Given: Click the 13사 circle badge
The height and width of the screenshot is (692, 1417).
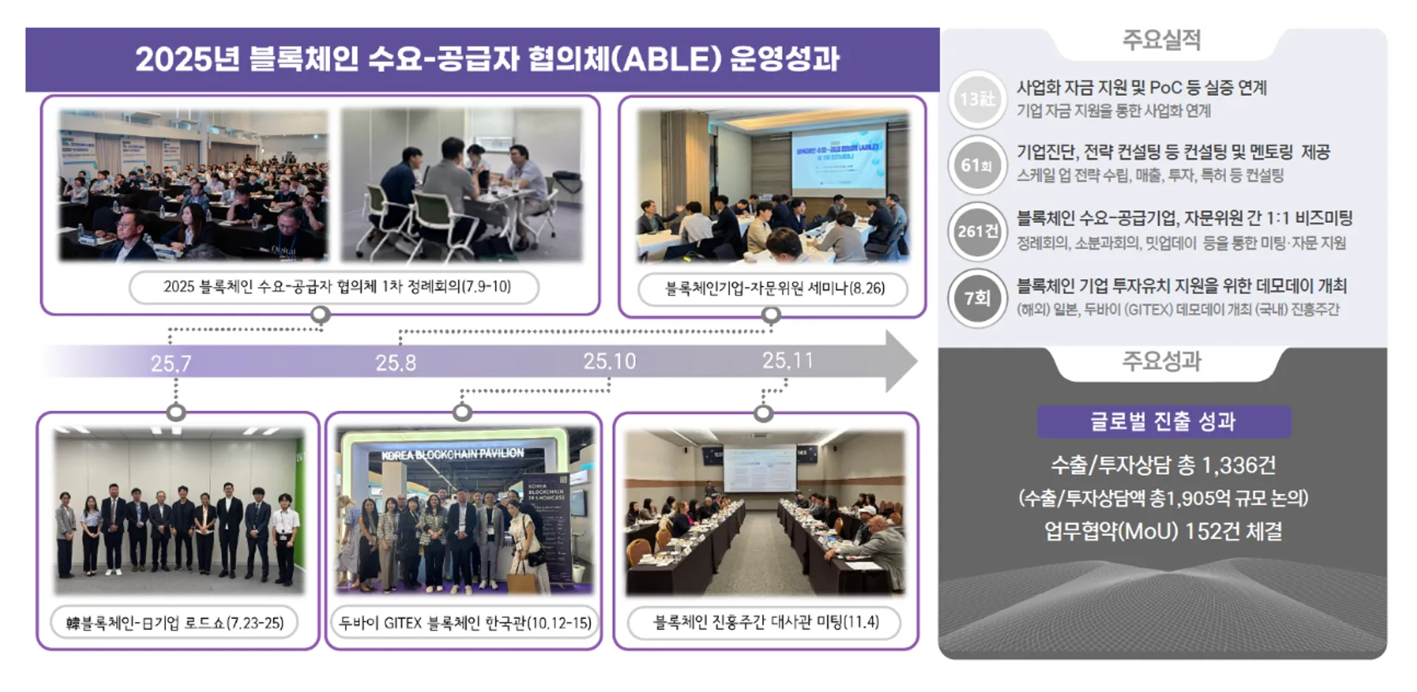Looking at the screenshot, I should [x=977, y=99].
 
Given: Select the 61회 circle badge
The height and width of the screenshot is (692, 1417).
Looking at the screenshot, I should [x=977, y=165].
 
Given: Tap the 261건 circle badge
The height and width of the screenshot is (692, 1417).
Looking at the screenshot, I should [x=977, y=232].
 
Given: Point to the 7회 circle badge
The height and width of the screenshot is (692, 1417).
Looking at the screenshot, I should [x=977, y=298].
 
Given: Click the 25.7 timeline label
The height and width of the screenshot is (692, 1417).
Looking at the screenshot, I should [x=171, y=364].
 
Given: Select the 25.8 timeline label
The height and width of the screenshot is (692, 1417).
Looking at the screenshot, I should [x=396, y=363].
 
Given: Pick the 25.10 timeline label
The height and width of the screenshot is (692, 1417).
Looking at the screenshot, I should [x=609, y=361].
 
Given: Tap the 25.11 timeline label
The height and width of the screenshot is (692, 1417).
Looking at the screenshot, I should [x=787, y=361].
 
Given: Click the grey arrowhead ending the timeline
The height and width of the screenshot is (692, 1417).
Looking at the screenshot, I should [x=900, y=361].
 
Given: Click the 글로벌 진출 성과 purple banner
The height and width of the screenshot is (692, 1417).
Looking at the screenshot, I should [x=1163, y=421].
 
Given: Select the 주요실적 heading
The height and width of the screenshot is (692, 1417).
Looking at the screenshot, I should [x=1162, y=40].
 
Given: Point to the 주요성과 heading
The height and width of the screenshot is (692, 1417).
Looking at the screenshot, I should [x=1162, y=361].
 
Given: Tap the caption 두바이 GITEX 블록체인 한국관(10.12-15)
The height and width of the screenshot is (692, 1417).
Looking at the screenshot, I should [x=465, y=623].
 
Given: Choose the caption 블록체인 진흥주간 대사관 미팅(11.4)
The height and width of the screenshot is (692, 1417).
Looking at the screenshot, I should [x=765, y=623].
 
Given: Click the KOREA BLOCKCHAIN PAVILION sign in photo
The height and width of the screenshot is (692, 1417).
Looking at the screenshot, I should [x=452, y=454].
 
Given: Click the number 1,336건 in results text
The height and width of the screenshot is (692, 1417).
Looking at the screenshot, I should [x=1238, y=466].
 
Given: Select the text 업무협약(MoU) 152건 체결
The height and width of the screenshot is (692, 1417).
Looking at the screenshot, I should [x=1162, y=531].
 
